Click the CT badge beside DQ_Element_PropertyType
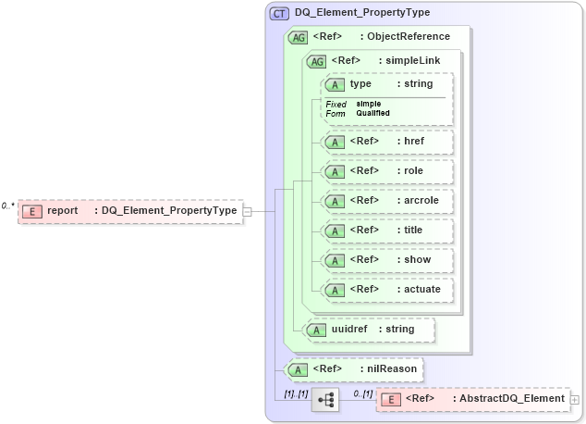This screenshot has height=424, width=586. [278, 13]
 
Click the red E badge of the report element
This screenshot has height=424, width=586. [32, 211]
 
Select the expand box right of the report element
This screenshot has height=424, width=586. [247, 211]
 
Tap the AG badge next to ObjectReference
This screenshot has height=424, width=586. [298, 37]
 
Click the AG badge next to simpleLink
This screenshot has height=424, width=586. [316, 61]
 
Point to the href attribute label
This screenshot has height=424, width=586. [413, 142]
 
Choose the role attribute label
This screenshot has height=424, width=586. [412, 171]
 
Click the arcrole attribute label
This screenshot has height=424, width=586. [421, 200]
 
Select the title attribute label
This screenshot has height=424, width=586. [413, 230]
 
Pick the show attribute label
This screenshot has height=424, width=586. [417, 259]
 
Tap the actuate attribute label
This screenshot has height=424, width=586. [422, 289]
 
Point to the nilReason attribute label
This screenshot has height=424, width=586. [389, 369]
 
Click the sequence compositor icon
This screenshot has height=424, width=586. [325, 399]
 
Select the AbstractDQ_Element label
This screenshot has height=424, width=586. [512, 399]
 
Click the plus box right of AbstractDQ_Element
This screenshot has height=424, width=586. [575, 399]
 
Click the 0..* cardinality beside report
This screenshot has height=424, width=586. [8, 205]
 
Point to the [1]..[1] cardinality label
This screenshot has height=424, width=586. [296, 393]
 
